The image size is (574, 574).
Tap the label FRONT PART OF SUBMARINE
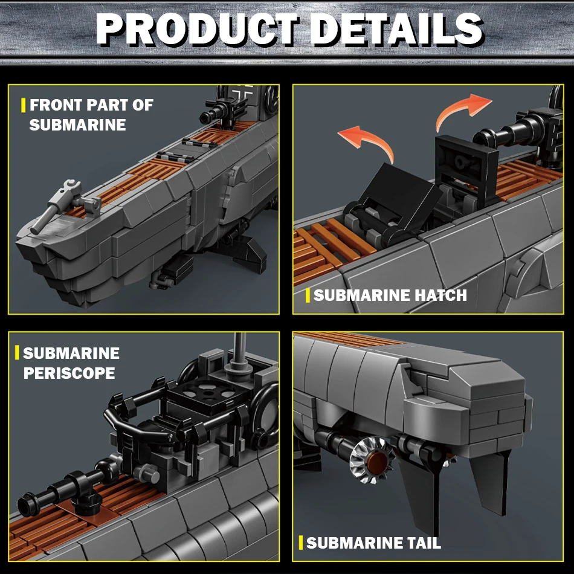pyautogui.click(x=91, y=115)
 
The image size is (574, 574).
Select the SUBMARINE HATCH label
pyautogui.click(x=390, y=295)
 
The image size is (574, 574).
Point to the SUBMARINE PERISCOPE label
pyautogui.click(x=71, y=363)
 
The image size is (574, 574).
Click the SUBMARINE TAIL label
pyautogui.click(x=373, y=543)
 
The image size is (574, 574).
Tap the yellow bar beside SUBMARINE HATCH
pyautogui.click(x=308, y=295)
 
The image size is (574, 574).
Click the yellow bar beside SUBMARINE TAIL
pyautogui.click(x=300, y=543)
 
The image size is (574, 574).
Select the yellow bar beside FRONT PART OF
pyautogui.click(x=24, y=105)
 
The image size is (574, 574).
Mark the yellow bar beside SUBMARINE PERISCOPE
pyautogui.click(x=17, y=353)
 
